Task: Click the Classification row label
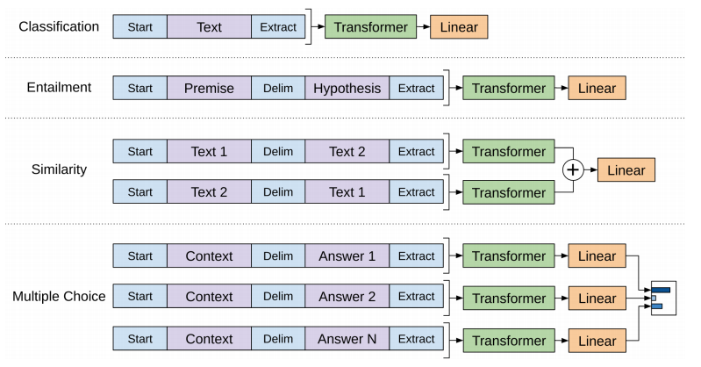(x=59, y=26)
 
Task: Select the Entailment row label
(x=59, y=88)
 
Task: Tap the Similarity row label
(x=59, y=169)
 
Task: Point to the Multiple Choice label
(x=59, y=297)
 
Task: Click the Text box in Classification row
(x=209, y=27)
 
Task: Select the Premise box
(x=209, y=88)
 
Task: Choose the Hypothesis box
(x=347, y=88)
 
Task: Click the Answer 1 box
(x=347, y=256)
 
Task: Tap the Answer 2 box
(x=347, y=297)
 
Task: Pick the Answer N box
(x=347, y=339)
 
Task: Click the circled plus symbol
(x=572, y=171)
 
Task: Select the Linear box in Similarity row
(x=626, y=171)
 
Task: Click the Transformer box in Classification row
(x=371, y=27)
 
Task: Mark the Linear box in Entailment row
(x=597, y=88)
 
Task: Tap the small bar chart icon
(x=660, y=298)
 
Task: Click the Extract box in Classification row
(x=278, y=27)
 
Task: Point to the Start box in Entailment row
(x=139, y=88)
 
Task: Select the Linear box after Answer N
(x=597, y=340)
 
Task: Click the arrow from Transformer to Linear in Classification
(x=422, y=27)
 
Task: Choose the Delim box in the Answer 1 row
(x=278, y=256)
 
